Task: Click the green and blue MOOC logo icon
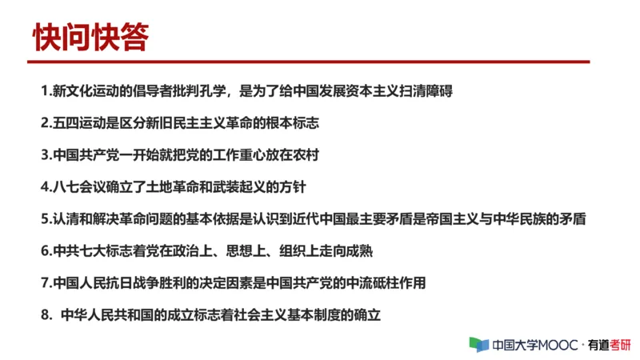(x=478, y=345)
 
